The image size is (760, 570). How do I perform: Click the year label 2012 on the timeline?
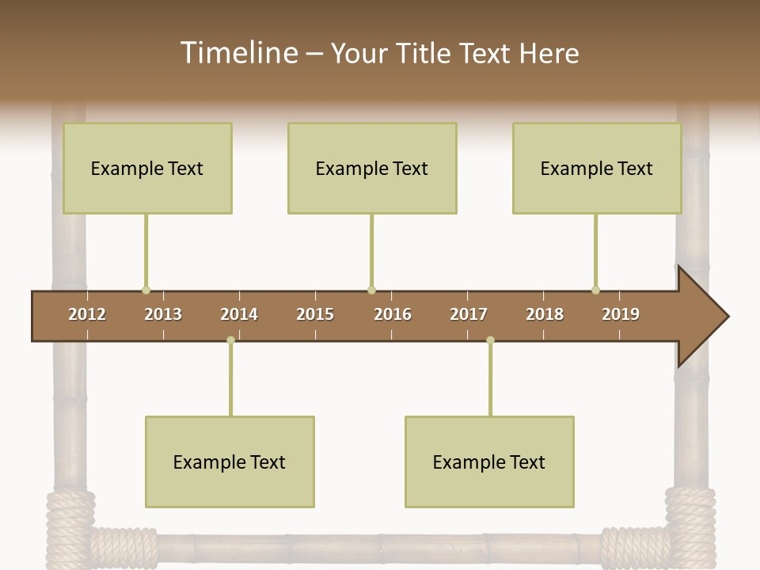click(x=87, y=314)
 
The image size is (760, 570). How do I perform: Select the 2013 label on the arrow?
click(x=163, y=314)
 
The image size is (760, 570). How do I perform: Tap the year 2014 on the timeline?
click(x=239, y=314)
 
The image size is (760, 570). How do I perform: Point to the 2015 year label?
click(x=315, y=314)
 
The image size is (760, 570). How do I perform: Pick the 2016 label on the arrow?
click(x=393, y=314)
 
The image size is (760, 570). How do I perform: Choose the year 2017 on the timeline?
click(x=469, y=314)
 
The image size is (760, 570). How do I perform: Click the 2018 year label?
click(x=545, y=314)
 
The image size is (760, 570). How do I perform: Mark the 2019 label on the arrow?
click(x=621, y=314)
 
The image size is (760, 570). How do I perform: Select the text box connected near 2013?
click(x=147, y=168)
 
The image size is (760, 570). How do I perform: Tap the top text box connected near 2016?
click(x=372, y=168)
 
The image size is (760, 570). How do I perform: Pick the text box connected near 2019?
click(x=597, y=168)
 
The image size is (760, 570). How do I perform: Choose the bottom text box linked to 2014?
click(x=230, y=462)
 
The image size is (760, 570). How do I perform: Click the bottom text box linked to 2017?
click(x=489, y=462)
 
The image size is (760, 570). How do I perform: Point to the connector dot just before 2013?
click(x=146, y=291)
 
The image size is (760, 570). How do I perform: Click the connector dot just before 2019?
click(x=595, y=291)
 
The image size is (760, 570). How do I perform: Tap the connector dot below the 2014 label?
click(x=230, y=340)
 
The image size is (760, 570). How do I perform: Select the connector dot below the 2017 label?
click(x=490, y=340)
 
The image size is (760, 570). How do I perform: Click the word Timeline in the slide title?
click(x=237, y=53)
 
